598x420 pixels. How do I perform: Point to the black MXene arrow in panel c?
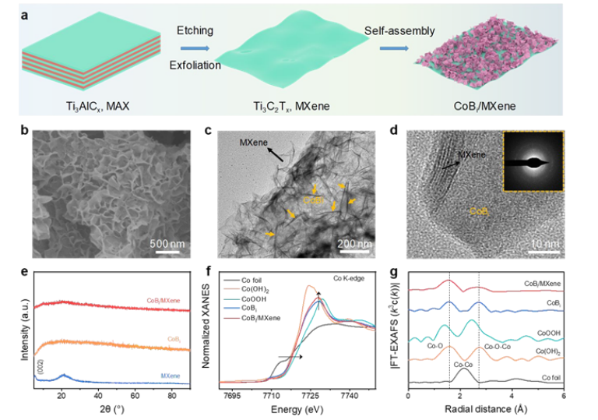(272, 154)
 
